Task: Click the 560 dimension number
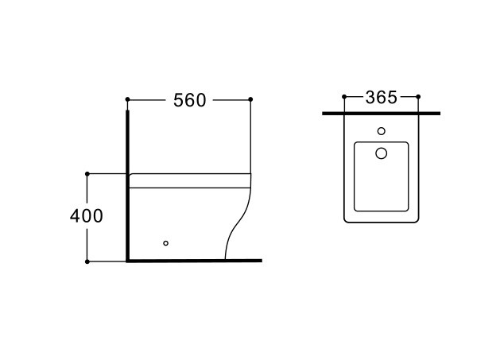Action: click(189, 100)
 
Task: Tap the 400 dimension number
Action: click(87, 216)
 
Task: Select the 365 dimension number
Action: click(382, 98)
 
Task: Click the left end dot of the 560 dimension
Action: click(127, 99)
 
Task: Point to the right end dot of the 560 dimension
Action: click(250, 99)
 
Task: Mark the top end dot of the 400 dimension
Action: click(87, 174)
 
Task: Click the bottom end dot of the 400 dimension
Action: click(87, 261)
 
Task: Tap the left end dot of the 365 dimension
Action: click(344, 96)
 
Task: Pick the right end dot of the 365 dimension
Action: click(418, 96)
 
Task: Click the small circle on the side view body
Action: click(166, 243)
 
